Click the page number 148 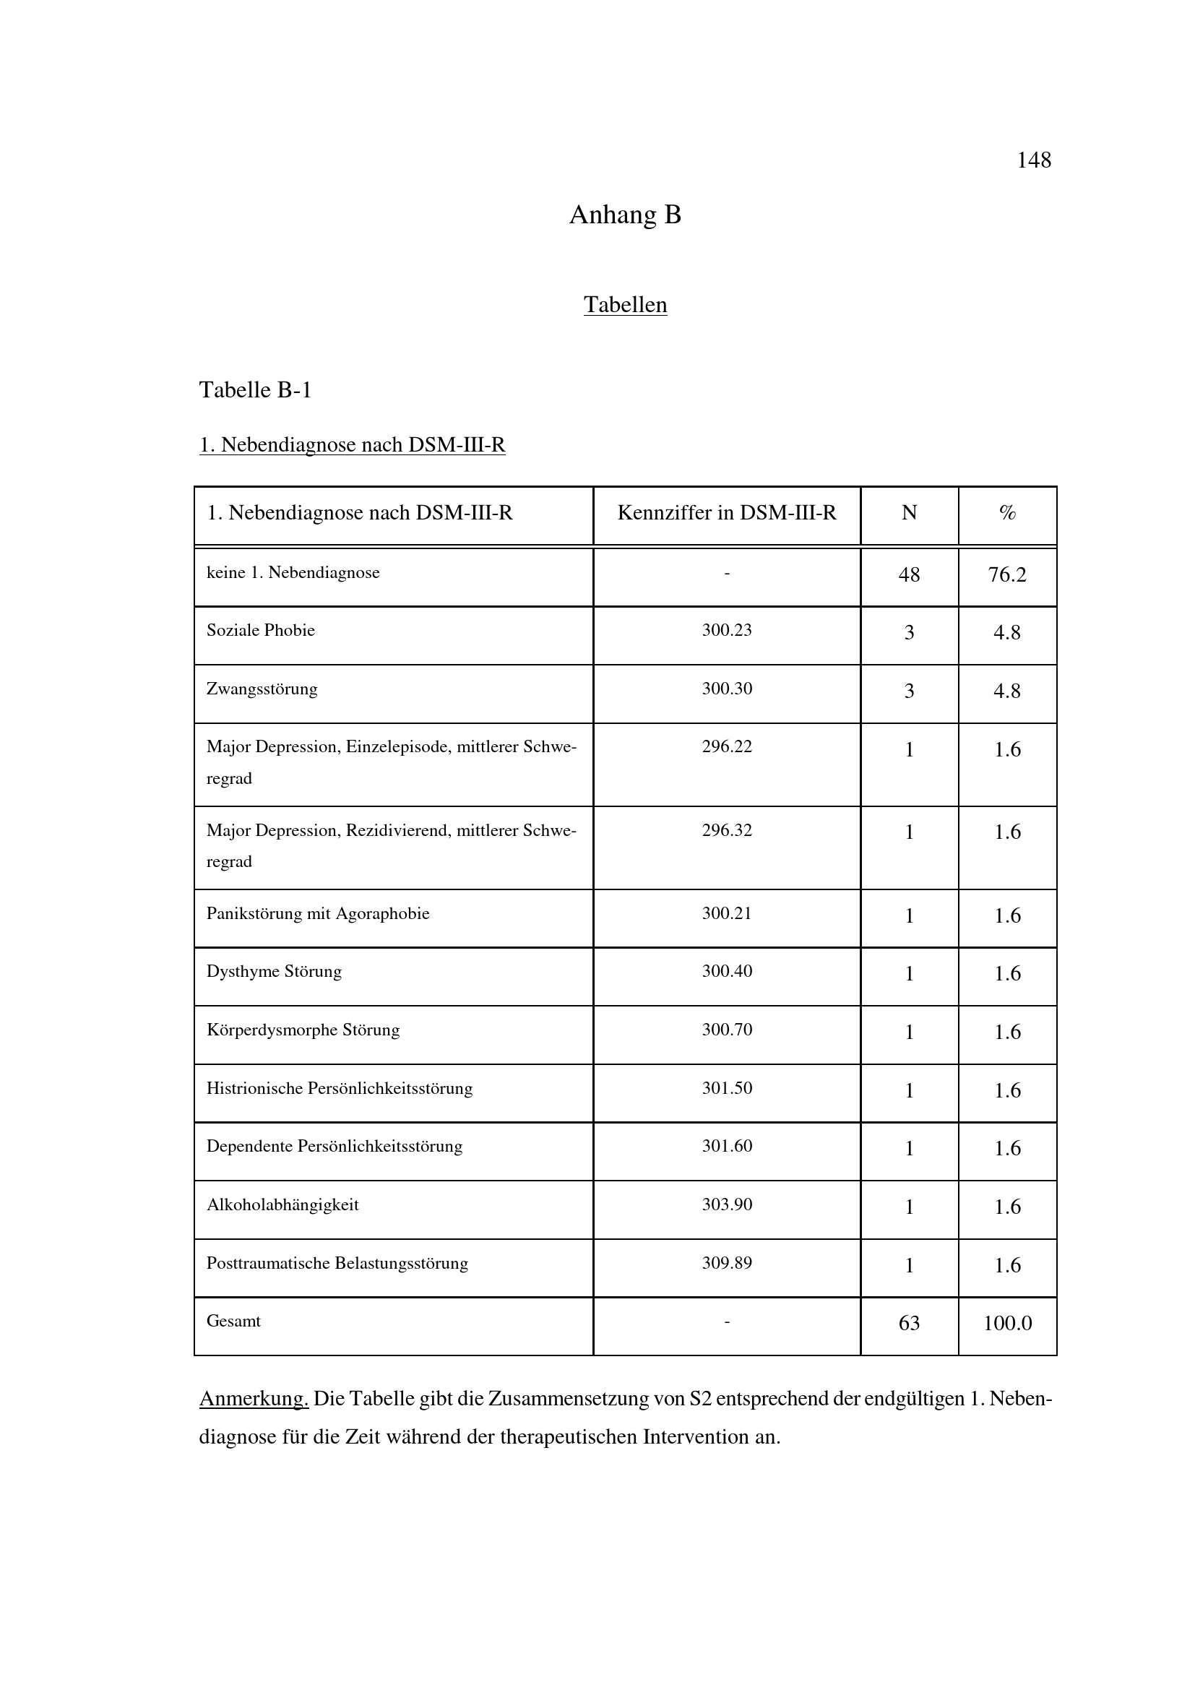pyautogui.click(x=1033, y=160)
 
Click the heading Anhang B pyautogui.click(x=625, y=215)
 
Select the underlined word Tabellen pyautogui.click(x=625, y=305)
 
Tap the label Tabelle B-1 pyautogui.click(x=255, y=389)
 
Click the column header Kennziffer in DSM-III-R pyautogui.click(x=726, y=513)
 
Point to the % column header pyautogui.click(x=1007, y=513)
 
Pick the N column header pyautogui.click(x=909, y=513)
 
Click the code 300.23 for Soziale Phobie pyautogui.click(x=726, y=630)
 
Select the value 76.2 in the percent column pyautogui.click(x=1006, y=574)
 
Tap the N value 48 pyautogui.click(x=909, y=574)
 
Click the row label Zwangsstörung pyautogui.click(x=262, y=689)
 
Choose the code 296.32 pyautogui.click(x=726, y=830)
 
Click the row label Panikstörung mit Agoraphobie pyautogui.click(x=318, y=913)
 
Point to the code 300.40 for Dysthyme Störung pyautogui.click(x=726, y=971)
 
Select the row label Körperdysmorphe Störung pyautogui.click(x=303, y=1030)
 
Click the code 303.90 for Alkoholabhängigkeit pyautogui.click(x=726, y=1204)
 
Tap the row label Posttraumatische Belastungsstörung pyautogui.click(x=337, y=1263)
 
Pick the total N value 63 pyautogui.click(x=909, y=1323)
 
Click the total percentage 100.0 pyautogui.click(x=1007, y=1323)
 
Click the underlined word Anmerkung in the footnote pyautogui.click(x=253, y=1399)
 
